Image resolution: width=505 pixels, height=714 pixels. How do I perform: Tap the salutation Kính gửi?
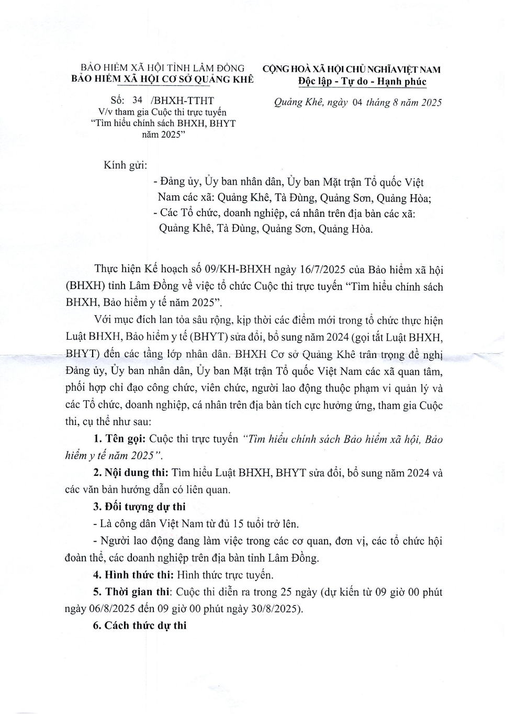click(126, 165)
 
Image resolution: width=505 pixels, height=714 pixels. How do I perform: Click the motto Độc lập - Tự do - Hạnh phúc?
click(362, 82)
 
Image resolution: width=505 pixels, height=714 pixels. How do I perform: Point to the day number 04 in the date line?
click(357, 103)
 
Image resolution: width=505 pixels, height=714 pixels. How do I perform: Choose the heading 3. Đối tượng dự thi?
click(140, 507)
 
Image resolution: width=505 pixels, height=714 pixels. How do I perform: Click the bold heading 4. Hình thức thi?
click(133, 575)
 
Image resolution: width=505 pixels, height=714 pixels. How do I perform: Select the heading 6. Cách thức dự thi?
click(140, 626)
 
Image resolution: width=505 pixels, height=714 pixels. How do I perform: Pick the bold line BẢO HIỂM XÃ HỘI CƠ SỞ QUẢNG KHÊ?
click(163, 80)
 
